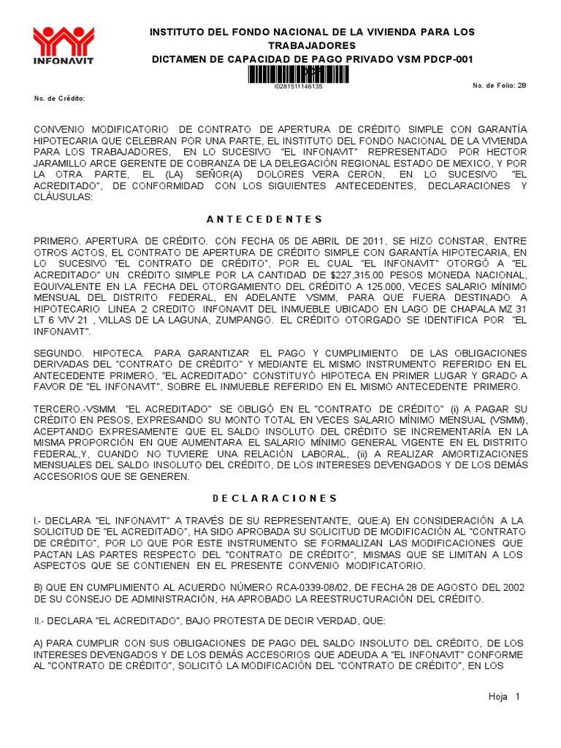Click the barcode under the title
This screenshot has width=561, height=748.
(x=298, y=74)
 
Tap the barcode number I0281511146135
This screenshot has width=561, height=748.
(x=298, y=86)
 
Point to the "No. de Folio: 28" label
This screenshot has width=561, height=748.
(x=499, y=85)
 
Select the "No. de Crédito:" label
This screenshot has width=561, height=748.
(x=60, y=98)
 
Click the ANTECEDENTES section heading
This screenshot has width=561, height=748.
(x=259, y=219)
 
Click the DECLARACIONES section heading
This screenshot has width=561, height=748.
(x=275, y=498)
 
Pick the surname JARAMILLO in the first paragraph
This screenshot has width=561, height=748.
(x=62, y=163)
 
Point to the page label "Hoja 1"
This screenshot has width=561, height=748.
(x=503, y=697)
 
